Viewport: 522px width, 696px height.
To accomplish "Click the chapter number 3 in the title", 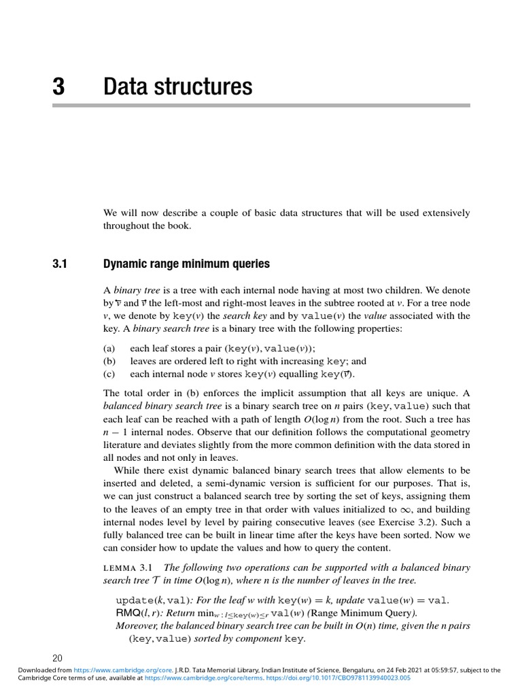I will click(x=58, y=87).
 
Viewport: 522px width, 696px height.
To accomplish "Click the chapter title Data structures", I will click(x=177, y=87).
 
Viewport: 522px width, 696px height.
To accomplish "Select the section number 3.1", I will click(x=59, y=264).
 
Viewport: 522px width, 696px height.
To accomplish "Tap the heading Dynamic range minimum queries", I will click(x=186, y=264).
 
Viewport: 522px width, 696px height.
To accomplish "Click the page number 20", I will click(x=57, y=658).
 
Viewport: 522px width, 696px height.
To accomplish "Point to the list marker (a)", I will click(x=109, y=348).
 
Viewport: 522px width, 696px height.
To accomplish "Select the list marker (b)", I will click(x=109, y=362).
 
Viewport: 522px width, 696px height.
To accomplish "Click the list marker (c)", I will click(x=109, y=375).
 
